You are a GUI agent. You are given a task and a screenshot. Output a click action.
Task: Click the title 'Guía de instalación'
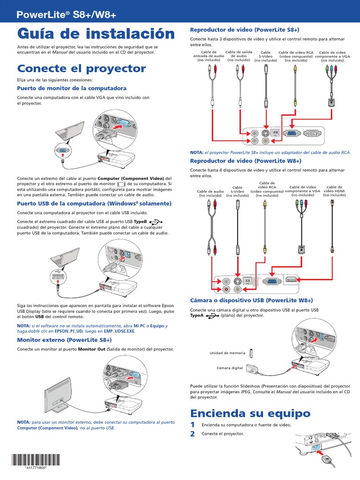tap(96, 34)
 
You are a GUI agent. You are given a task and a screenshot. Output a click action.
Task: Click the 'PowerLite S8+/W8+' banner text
tap(66, 15)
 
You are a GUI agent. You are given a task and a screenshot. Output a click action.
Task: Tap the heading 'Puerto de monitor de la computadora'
tap(72, 88)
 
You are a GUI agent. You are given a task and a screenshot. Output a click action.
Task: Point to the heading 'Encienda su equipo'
tap(250, 413)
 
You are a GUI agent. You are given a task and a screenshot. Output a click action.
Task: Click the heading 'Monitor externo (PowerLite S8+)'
tap(65, 339)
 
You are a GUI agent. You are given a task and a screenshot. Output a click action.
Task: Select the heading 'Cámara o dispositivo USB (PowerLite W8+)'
tap(251, 300)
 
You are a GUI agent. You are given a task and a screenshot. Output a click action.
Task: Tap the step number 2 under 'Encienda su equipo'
tap(192, 434)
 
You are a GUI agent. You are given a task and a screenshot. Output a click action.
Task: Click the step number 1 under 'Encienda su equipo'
tap(192, 425)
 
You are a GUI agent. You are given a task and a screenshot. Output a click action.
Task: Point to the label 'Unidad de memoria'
tap(227, 352)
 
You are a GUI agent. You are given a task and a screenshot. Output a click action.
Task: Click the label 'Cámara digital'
tap(230, 368)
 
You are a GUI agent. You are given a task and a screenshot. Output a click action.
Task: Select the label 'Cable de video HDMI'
tap(334, 191)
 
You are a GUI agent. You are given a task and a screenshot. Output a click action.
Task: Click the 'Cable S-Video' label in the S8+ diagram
tap(265, 56)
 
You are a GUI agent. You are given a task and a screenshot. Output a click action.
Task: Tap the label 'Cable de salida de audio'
tap(239, 56)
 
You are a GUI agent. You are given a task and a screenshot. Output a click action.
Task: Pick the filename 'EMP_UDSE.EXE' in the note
tap(119, 331)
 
